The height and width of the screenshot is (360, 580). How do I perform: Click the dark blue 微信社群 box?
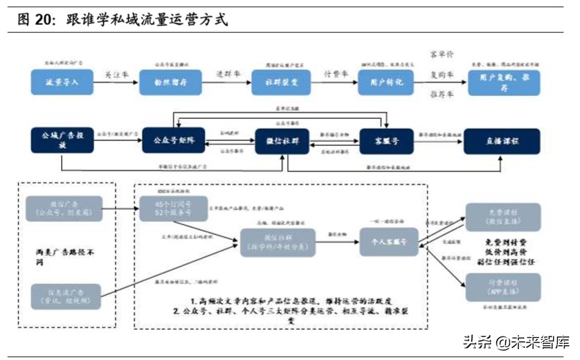[x=277, y=140]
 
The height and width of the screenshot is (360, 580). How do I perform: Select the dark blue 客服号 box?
[x=385, y=140]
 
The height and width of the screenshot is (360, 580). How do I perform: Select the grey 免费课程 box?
[x=503, y=216]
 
